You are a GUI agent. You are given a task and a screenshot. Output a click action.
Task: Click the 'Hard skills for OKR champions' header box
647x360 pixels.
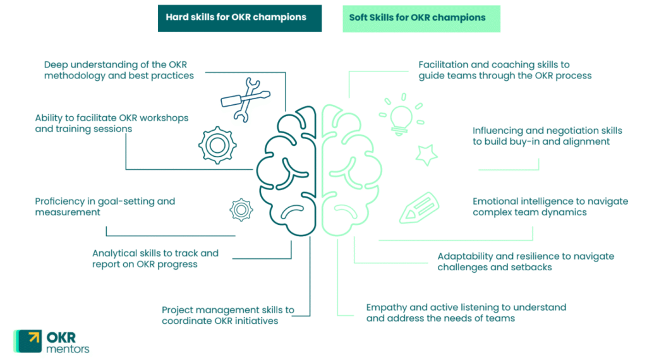[239, 18]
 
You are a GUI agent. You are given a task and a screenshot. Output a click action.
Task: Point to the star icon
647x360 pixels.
[426, 153]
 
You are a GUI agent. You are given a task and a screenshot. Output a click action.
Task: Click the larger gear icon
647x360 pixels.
[217, 145]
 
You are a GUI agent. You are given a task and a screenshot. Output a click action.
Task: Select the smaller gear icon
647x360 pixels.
[241, 210]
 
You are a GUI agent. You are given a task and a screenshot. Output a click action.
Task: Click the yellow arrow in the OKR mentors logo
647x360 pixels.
[32, 337]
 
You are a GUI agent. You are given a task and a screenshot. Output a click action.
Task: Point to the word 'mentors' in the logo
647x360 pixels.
[68, 349]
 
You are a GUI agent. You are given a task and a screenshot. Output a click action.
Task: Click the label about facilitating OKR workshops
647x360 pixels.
[111, 123]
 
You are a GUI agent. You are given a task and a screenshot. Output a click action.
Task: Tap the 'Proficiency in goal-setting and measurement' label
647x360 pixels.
[105, 207]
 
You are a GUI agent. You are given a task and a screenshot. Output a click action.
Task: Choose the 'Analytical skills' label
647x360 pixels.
[155, 258]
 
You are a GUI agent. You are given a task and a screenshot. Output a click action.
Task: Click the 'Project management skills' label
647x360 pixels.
[227, 315]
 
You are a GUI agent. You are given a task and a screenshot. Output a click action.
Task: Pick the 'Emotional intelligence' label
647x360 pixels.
[550, 207]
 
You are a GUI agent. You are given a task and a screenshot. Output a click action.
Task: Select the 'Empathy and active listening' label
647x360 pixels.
[466, 313]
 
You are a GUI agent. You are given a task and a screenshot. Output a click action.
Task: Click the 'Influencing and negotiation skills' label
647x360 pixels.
[547, 136]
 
